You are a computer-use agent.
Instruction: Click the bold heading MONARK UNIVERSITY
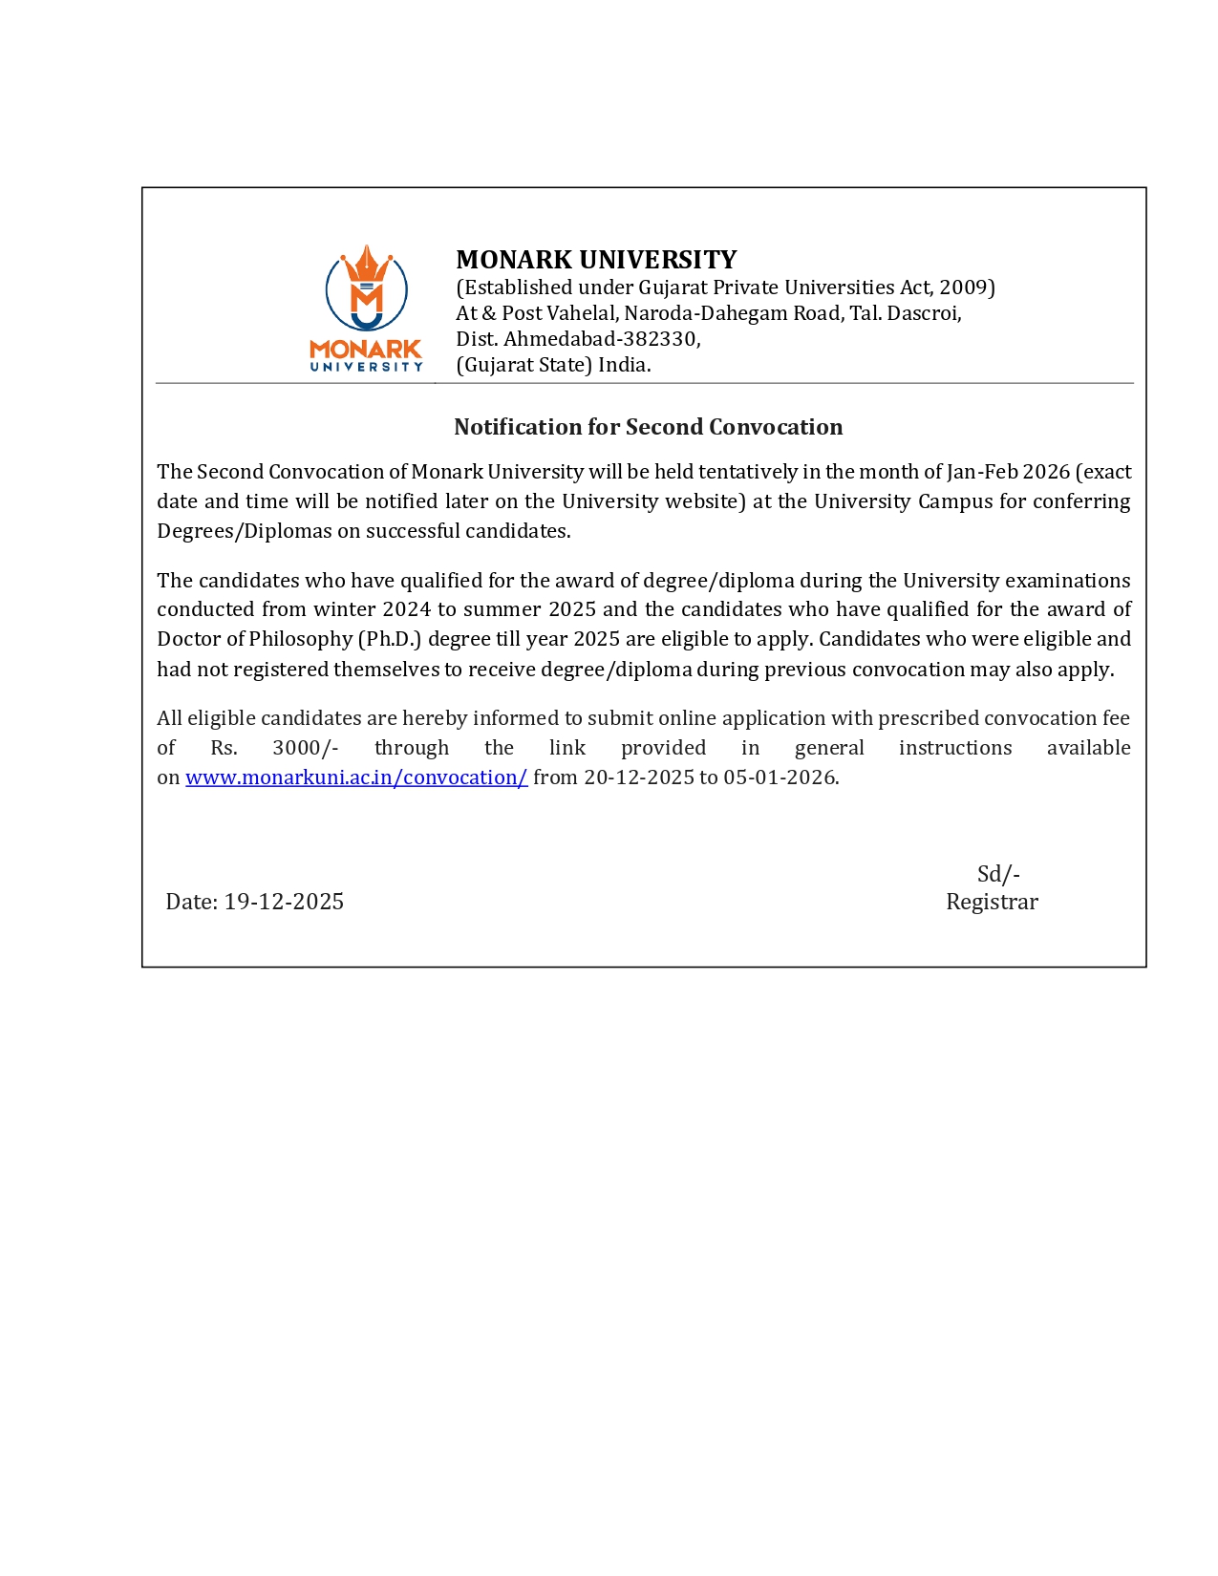(596, 260)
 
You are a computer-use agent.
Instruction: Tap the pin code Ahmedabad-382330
(601, 339)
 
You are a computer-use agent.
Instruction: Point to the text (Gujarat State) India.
(553, 365)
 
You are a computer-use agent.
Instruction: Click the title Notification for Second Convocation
(648, 427)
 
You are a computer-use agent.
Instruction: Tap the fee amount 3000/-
(305, 748)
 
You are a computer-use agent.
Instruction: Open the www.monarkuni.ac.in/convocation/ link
(356, 777)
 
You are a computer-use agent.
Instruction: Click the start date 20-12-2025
(639, 777)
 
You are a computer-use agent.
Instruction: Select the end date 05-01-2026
(779, 777)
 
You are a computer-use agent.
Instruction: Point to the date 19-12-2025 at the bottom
(284, 902)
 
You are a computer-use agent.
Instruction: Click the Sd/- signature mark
(998, 874)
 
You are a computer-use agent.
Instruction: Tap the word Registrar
(992, 902)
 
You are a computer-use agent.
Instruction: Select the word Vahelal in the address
(581, 313)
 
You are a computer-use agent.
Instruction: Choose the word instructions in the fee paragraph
(954, 748)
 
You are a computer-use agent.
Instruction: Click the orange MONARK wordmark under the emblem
(366, 350)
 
